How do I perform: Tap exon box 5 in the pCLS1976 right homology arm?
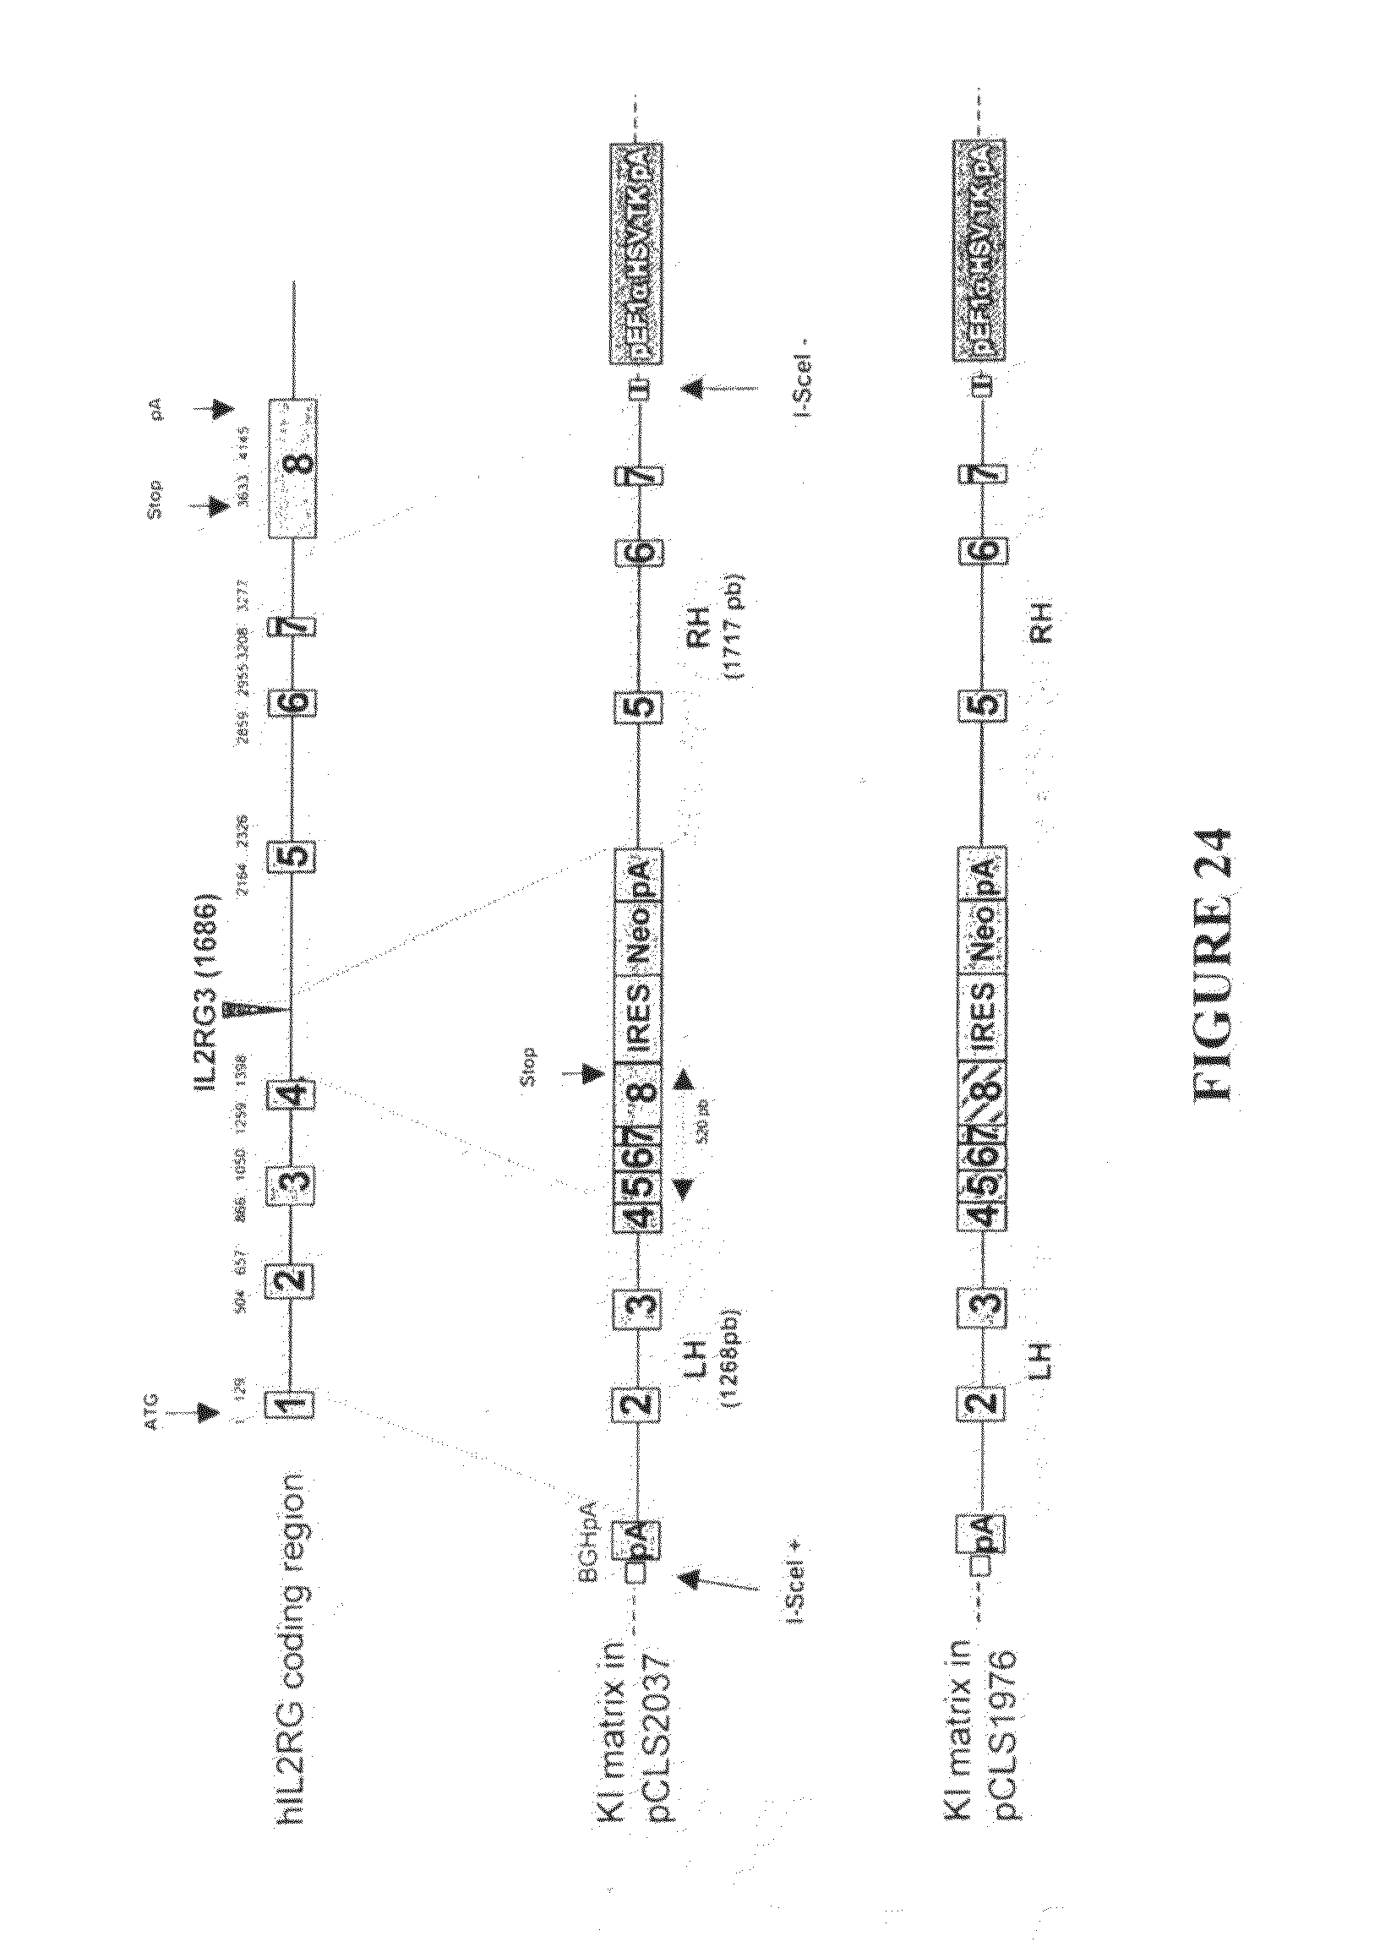coord(982,704)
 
